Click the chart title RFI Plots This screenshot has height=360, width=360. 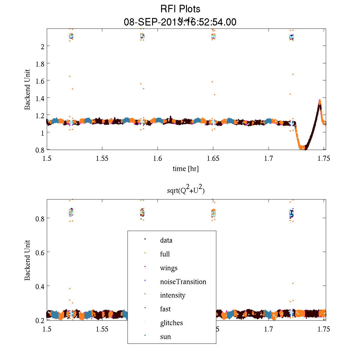(x=180, y=9)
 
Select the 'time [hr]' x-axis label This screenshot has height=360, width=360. (x=185, y=169)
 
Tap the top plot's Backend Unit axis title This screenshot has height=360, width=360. (x=27, y=89)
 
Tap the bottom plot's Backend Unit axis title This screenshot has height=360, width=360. (x=27, y=260)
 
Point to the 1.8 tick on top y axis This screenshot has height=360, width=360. (x=40, y=64)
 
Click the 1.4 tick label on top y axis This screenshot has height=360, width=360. (x=40, y=98)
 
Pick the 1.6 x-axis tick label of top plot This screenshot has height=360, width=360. (x=157, y=158)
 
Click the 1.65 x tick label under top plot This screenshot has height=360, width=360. (x=213, y=158)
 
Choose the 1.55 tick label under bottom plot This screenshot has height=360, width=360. (x=102, y=329)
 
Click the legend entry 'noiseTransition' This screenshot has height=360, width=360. (x=183, y=282)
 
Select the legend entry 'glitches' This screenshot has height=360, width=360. (x=171, y=323)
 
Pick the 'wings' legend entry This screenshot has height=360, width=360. (x=169, y=268)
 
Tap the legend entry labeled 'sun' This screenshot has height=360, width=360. (x=165, y=337)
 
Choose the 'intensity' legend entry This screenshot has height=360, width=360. (x=172, y=295)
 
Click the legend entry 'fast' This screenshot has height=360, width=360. (x=165, y=309)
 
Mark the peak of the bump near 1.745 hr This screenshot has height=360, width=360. (x=320, y=100)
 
